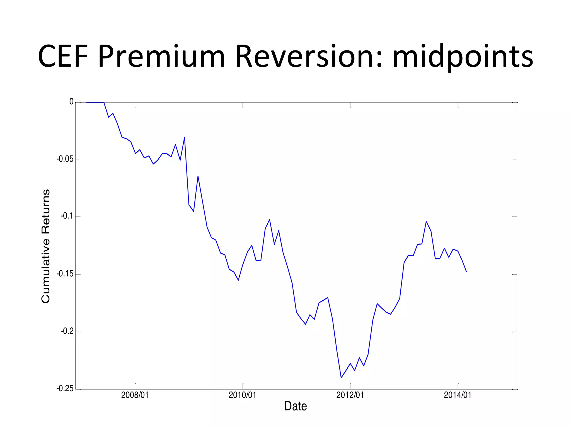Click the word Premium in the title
161,57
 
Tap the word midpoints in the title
463,57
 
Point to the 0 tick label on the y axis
71,102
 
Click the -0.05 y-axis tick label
65,159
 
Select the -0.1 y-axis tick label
67,216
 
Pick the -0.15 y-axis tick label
65,274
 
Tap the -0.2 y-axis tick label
67,331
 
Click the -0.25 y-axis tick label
65,388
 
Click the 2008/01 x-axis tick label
135,395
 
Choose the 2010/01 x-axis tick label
242,395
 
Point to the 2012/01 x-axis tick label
350,395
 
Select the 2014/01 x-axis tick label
458,395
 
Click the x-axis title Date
296,406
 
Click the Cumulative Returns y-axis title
46,246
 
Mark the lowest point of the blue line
341,378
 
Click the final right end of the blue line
466,272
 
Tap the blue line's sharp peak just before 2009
185,137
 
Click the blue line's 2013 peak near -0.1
426,222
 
